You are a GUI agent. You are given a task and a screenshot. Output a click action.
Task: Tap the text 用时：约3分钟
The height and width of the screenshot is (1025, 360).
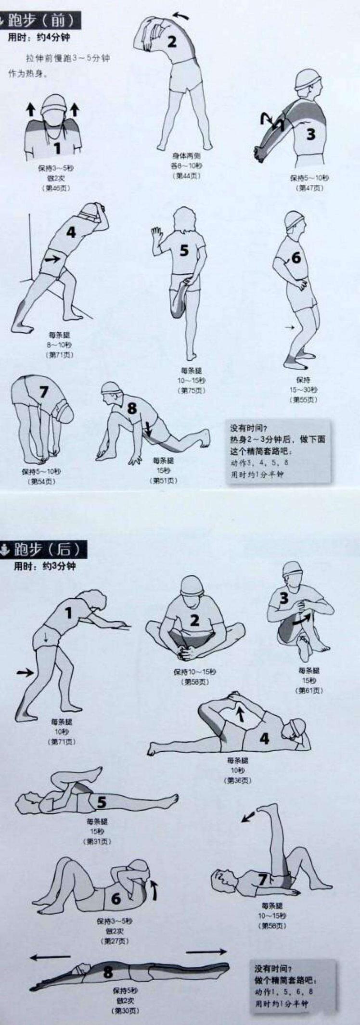(x=44, y=566)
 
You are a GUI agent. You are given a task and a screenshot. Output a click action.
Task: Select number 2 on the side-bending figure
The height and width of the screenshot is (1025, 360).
(x=172, y=41)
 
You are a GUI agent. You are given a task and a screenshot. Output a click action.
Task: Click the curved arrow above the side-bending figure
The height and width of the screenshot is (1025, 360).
(x=181, y=16)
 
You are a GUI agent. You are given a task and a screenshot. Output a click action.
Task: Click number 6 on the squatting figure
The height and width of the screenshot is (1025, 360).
(x=296, y=257)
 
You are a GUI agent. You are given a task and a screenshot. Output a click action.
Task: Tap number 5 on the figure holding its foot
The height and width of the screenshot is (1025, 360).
(x=184, y=251)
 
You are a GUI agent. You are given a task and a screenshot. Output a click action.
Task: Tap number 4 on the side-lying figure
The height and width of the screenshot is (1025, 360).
(x=264, y=738)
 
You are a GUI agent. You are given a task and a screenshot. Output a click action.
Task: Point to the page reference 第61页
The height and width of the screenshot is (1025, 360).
(x=310, y=691)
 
